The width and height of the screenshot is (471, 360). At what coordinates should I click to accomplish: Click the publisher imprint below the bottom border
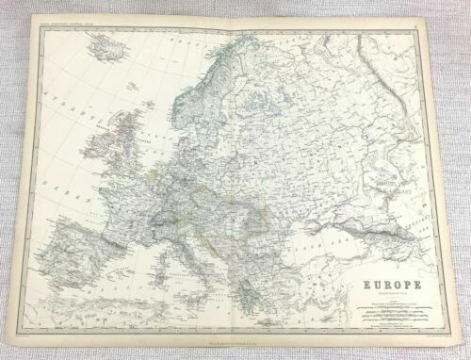coord(235,342)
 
